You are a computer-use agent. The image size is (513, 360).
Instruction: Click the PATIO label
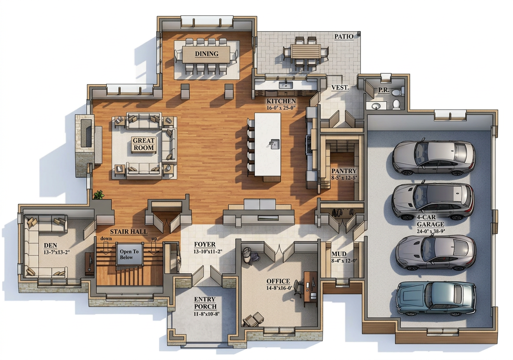[344, 37]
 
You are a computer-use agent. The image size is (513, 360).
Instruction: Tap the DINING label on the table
[207, 54]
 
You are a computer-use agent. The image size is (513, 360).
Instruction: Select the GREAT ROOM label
[144, 144]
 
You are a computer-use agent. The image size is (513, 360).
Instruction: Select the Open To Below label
[129, 254]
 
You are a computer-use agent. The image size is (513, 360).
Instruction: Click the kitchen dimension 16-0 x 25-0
[281, 107]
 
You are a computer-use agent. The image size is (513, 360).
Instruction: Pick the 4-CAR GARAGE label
[430, 220]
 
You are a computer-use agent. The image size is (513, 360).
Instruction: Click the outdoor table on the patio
[306, 52]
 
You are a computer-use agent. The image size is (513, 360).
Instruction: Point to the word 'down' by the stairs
[106, 239]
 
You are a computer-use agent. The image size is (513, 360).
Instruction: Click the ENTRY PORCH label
[205, 303]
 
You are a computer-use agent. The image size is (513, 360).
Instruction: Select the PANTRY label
[344, 171]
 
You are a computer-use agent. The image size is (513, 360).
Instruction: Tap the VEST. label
[340, 87]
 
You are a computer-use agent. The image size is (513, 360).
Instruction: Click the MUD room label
[339, 254]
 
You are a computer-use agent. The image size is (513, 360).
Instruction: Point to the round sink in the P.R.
[376, 106]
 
